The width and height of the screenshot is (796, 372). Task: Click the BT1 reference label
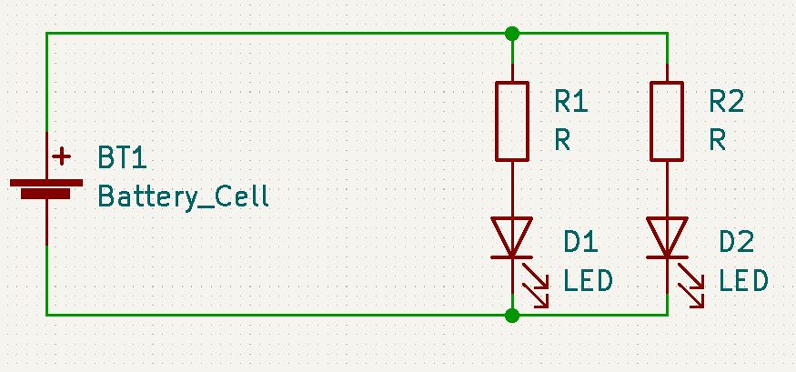point(122,159)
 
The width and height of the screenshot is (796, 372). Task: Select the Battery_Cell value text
point(183,196)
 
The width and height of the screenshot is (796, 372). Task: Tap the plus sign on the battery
point(62,157)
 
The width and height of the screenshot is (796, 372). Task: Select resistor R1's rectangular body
point(512,121)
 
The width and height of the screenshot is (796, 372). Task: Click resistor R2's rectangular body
point(667,121)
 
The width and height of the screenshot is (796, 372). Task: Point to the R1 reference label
point(570,101)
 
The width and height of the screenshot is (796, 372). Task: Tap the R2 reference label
point(726,101)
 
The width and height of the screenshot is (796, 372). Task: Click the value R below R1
point(562,140)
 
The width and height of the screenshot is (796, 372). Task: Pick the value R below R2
point(718,140)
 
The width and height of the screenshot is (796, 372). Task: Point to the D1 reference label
point(580,242)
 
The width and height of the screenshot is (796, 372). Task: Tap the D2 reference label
point(736,242)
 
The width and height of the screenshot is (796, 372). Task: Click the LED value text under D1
point(588,281)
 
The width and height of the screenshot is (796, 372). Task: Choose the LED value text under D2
point(743,281)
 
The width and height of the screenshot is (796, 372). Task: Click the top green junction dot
point(512,34)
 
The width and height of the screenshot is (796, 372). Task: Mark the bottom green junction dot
point(512,315)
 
